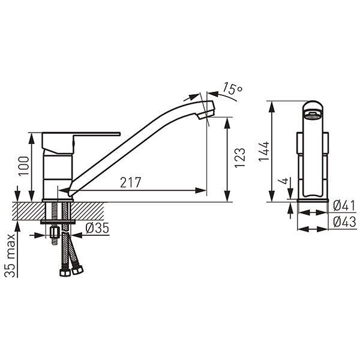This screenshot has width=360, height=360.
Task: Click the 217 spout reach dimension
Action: (130, 182)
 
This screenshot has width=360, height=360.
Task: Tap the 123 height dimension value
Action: (240, 158)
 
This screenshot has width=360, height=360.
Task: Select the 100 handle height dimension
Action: (24, 166)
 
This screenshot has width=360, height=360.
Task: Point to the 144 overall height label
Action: (263, 151)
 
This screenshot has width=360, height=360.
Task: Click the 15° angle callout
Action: (232, 88)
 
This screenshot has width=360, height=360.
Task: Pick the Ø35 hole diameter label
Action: (97, 228)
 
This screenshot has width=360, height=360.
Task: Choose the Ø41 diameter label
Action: (344, 205)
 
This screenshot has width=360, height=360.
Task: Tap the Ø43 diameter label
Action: (344, 222)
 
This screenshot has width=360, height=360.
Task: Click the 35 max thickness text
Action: (10, 256)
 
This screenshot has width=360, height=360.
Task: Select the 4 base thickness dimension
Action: (284, 181)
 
